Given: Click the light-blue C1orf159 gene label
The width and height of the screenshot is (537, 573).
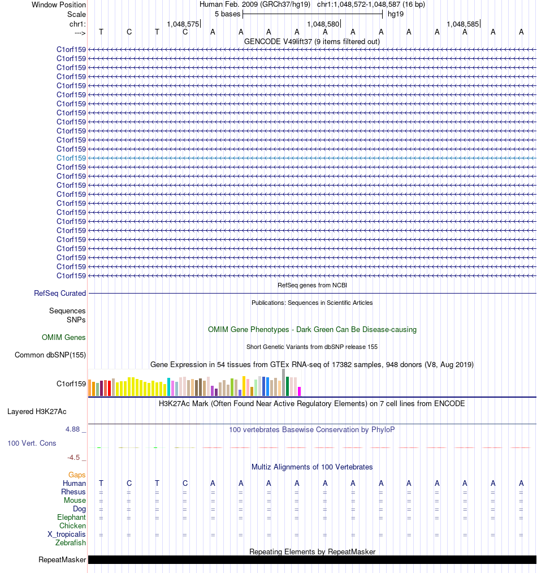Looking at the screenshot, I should tap(71, 158).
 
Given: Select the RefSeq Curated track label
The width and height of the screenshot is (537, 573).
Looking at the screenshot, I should tap(60, 294).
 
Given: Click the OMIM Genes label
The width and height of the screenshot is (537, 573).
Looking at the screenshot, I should tap(64, 338).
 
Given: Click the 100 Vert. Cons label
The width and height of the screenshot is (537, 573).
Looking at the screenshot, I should tap(32, 443).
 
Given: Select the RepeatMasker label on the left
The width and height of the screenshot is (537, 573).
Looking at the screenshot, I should tap(62, 560).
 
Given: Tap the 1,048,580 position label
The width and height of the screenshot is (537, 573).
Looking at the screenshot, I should tap(323, 24).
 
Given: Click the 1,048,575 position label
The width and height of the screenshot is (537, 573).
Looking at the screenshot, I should tap(183, 24).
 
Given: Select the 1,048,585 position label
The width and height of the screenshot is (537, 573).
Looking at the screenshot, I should tap(463, 24).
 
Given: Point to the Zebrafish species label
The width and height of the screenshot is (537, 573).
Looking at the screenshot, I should tap(71, 543).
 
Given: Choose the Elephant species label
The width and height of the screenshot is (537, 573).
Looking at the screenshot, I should tap(71, 518).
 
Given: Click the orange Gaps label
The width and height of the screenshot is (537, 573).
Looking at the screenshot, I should tap(77, 475).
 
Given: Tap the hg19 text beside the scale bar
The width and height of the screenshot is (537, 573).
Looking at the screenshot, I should tap(396, 14).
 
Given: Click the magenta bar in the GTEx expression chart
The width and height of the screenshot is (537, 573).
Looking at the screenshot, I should tap(300, 391).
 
